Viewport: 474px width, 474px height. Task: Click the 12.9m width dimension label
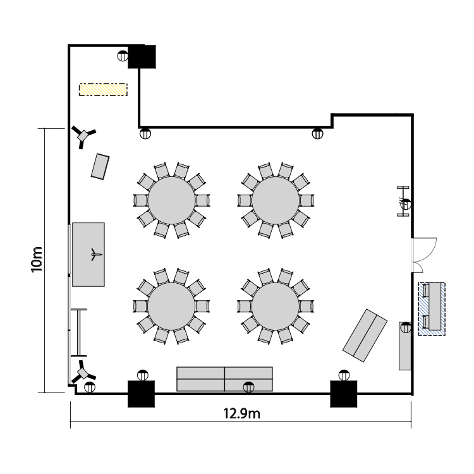pos(241,413)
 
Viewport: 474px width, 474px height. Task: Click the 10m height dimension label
pos(37,260)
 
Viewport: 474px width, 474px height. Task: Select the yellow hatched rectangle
pos(103,90)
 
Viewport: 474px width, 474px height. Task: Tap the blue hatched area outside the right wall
pos(432,308)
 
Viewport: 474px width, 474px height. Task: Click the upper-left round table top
pos(171,200)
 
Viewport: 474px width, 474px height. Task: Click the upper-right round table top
pos(276,200)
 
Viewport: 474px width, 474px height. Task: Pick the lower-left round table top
pos(171,307)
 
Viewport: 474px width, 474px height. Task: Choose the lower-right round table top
pos(276,307)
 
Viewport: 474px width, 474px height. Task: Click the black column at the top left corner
pos(142,56)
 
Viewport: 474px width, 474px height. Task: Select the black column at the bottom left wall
pos(141,394)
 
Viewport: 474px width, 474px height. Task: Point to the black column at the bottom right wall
pos(343,394)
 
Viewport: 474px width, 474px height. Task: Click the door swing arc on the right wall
pos(428,253)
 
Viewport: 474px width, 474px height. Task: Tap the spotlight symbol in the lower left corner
pos(83,372)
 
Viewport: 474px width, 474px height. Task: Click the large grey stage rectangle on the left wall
pos(88,255)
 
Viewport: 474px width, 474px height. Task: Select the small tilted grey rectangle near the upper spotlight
pos(100,167)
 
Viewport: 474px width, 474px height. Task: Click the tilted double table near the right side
pos(365,335)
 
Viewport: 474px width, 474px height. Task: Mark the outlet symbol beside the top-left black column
pos(123,56)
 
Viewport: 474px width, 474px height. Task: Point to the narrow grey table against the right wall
pos(405,346)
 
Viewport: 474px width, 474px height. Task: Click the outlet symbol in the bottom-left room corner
pos(90,387)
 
